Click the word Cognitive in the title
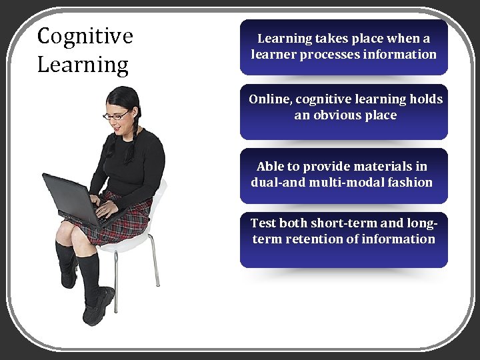(x=85, y=36)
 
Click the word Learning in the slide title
(x=83, y=65)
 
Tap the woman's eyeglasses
(x=116, y=116)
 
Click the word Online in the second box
(x=270, y=99)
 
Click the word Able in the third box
(x=270, y=166)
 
